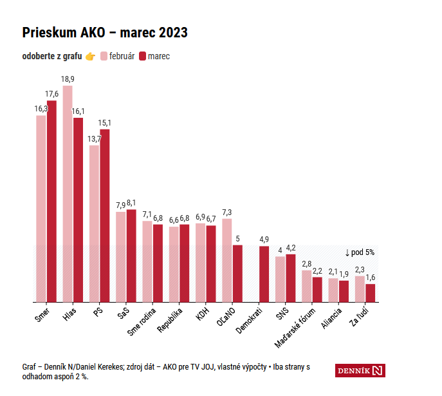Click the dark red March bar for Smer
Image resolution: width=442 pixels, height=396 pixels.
pyautogui.click(x=51, y=202)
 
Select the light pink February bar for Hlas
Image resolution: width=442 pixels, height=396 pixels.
pyautogui.click(x=68, y=194)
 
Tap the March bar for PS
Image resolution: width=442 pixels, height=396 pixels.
pyautogui.click(x=105, y=216)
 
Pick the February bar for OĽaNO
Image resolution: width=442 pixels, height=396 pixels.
pyautogui.click(x=227, y=260)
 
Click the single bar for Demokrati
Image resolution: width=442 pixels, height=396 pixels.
pyautogui.click(x=264, y=274)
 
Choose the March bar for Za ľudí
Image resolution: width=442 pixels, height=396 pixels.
pyautogui.click(x=371, y=293)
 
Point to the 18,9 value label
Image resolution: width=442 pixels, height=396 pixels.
pyautogui.click(x=68, y=79)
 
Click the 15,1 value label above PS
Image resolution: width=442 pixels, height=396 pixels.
pyautogui.click(x=105, y=123)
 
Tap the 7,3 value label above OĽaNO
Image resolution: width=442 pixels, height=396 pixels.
pyautogui.click(x=227, y=212)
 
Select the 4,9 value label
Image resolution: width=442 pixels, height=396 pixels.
pyautogui.click(x=264, y=240)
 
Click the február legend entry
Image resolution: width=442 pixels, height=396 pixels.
pyautogui.click(x=118, y=56)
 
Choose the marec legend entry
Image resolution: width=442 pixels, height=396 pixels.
pyautogui.click(x=154, y=56)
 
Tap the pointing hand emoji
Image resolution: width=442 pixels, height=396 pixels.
pyautogui.click(x=91, y=57)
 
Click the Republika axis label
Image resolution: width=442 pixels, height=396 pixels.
pyautogui.click(x=170, y=320)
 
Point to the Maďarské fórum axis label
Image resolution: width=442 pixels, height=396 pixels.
pyautogui.click(x=295, y=328)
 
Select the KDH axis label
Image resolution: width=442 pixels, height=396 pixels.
pyautogui.click(x=203, y=314)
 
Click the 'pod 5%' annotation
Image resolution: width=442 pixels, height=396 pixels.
pyautogui.click(x=360, y=252)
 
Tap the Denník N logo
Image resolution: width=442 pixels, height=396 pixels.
pyautogui.click(x=360, y=371)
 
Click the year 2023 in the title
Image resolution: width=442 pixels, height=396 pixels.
pyautogui.click(x=173, y=32)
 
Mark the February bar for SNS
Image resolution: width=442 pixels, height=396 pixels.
pyautogui.click(x=280, y=279)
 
